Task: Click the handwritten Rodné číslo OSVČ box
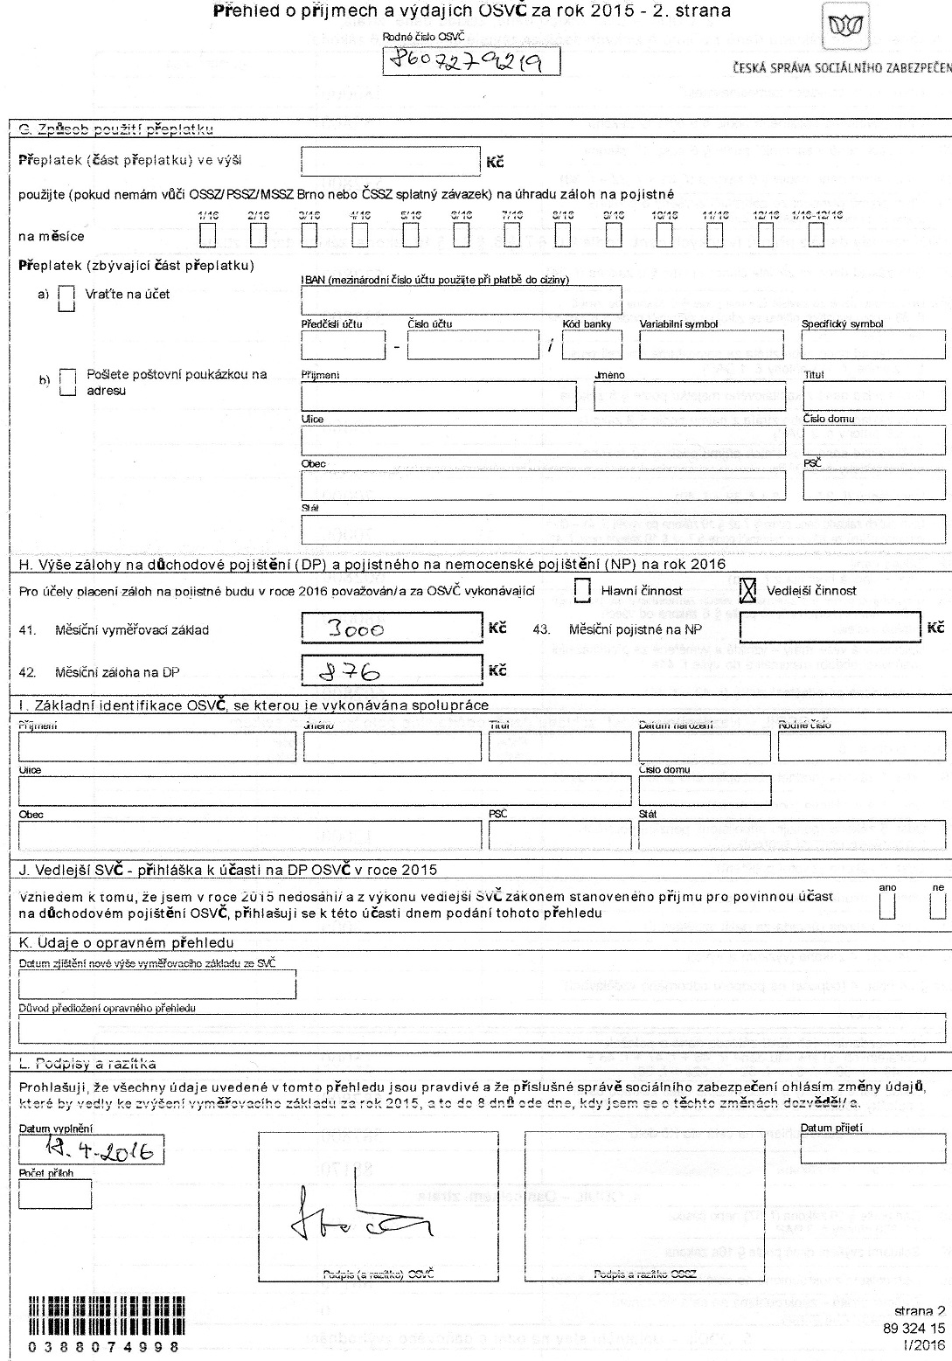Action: [472, 62]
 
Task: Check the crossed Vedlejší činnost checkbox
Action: [747, 591]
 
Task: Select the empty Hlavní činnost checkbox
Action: [583, 591]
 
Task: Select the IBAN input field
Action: [461, 299]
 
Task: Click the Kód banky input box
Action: [592, 345]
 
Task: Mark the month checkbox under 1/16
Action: [208, 236]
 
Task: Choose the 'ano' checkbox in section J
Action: [887, 906]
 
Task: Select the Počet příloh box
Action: [55, 1194]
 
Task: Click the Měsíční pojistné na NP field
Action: [830, 628]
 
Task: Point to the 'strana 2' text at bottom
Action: [920, 1311]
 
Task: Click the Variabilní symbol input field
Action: [711, 345]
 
